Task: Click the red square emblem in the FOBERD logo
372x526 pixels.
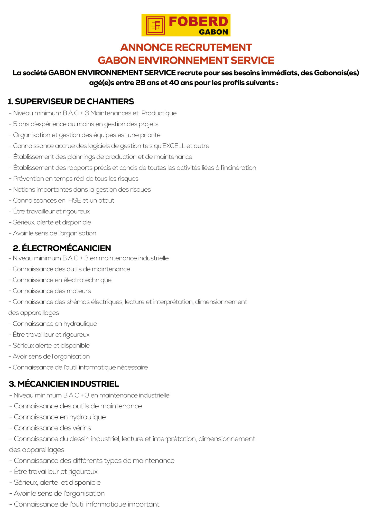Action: click(x=155, y=25)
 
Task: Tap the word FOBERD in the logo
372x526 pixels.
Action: click(x=198, y=22)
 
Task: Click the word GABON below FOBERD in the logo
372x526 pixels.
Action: click(x=213, y=32)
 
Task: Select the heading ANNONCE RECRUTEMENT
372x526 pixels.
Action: click(x=186, y=47)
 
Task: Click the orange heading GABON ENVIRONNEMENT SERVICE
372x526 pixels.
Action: click(x=186, y=60)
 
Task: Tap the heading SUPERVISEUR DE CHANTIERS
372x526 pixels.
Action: click(x=71, y=101)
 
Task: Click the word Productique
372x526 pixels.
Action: click(x=159, y=113)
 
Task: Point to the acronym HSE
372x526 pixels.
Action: click(x=75, y=200)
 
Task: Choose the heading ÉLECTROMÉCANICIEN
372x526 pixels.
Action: click(x=62, y=248)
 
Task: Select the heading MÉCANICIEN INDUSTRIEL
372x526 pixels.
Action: click(x=64, y=384)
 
